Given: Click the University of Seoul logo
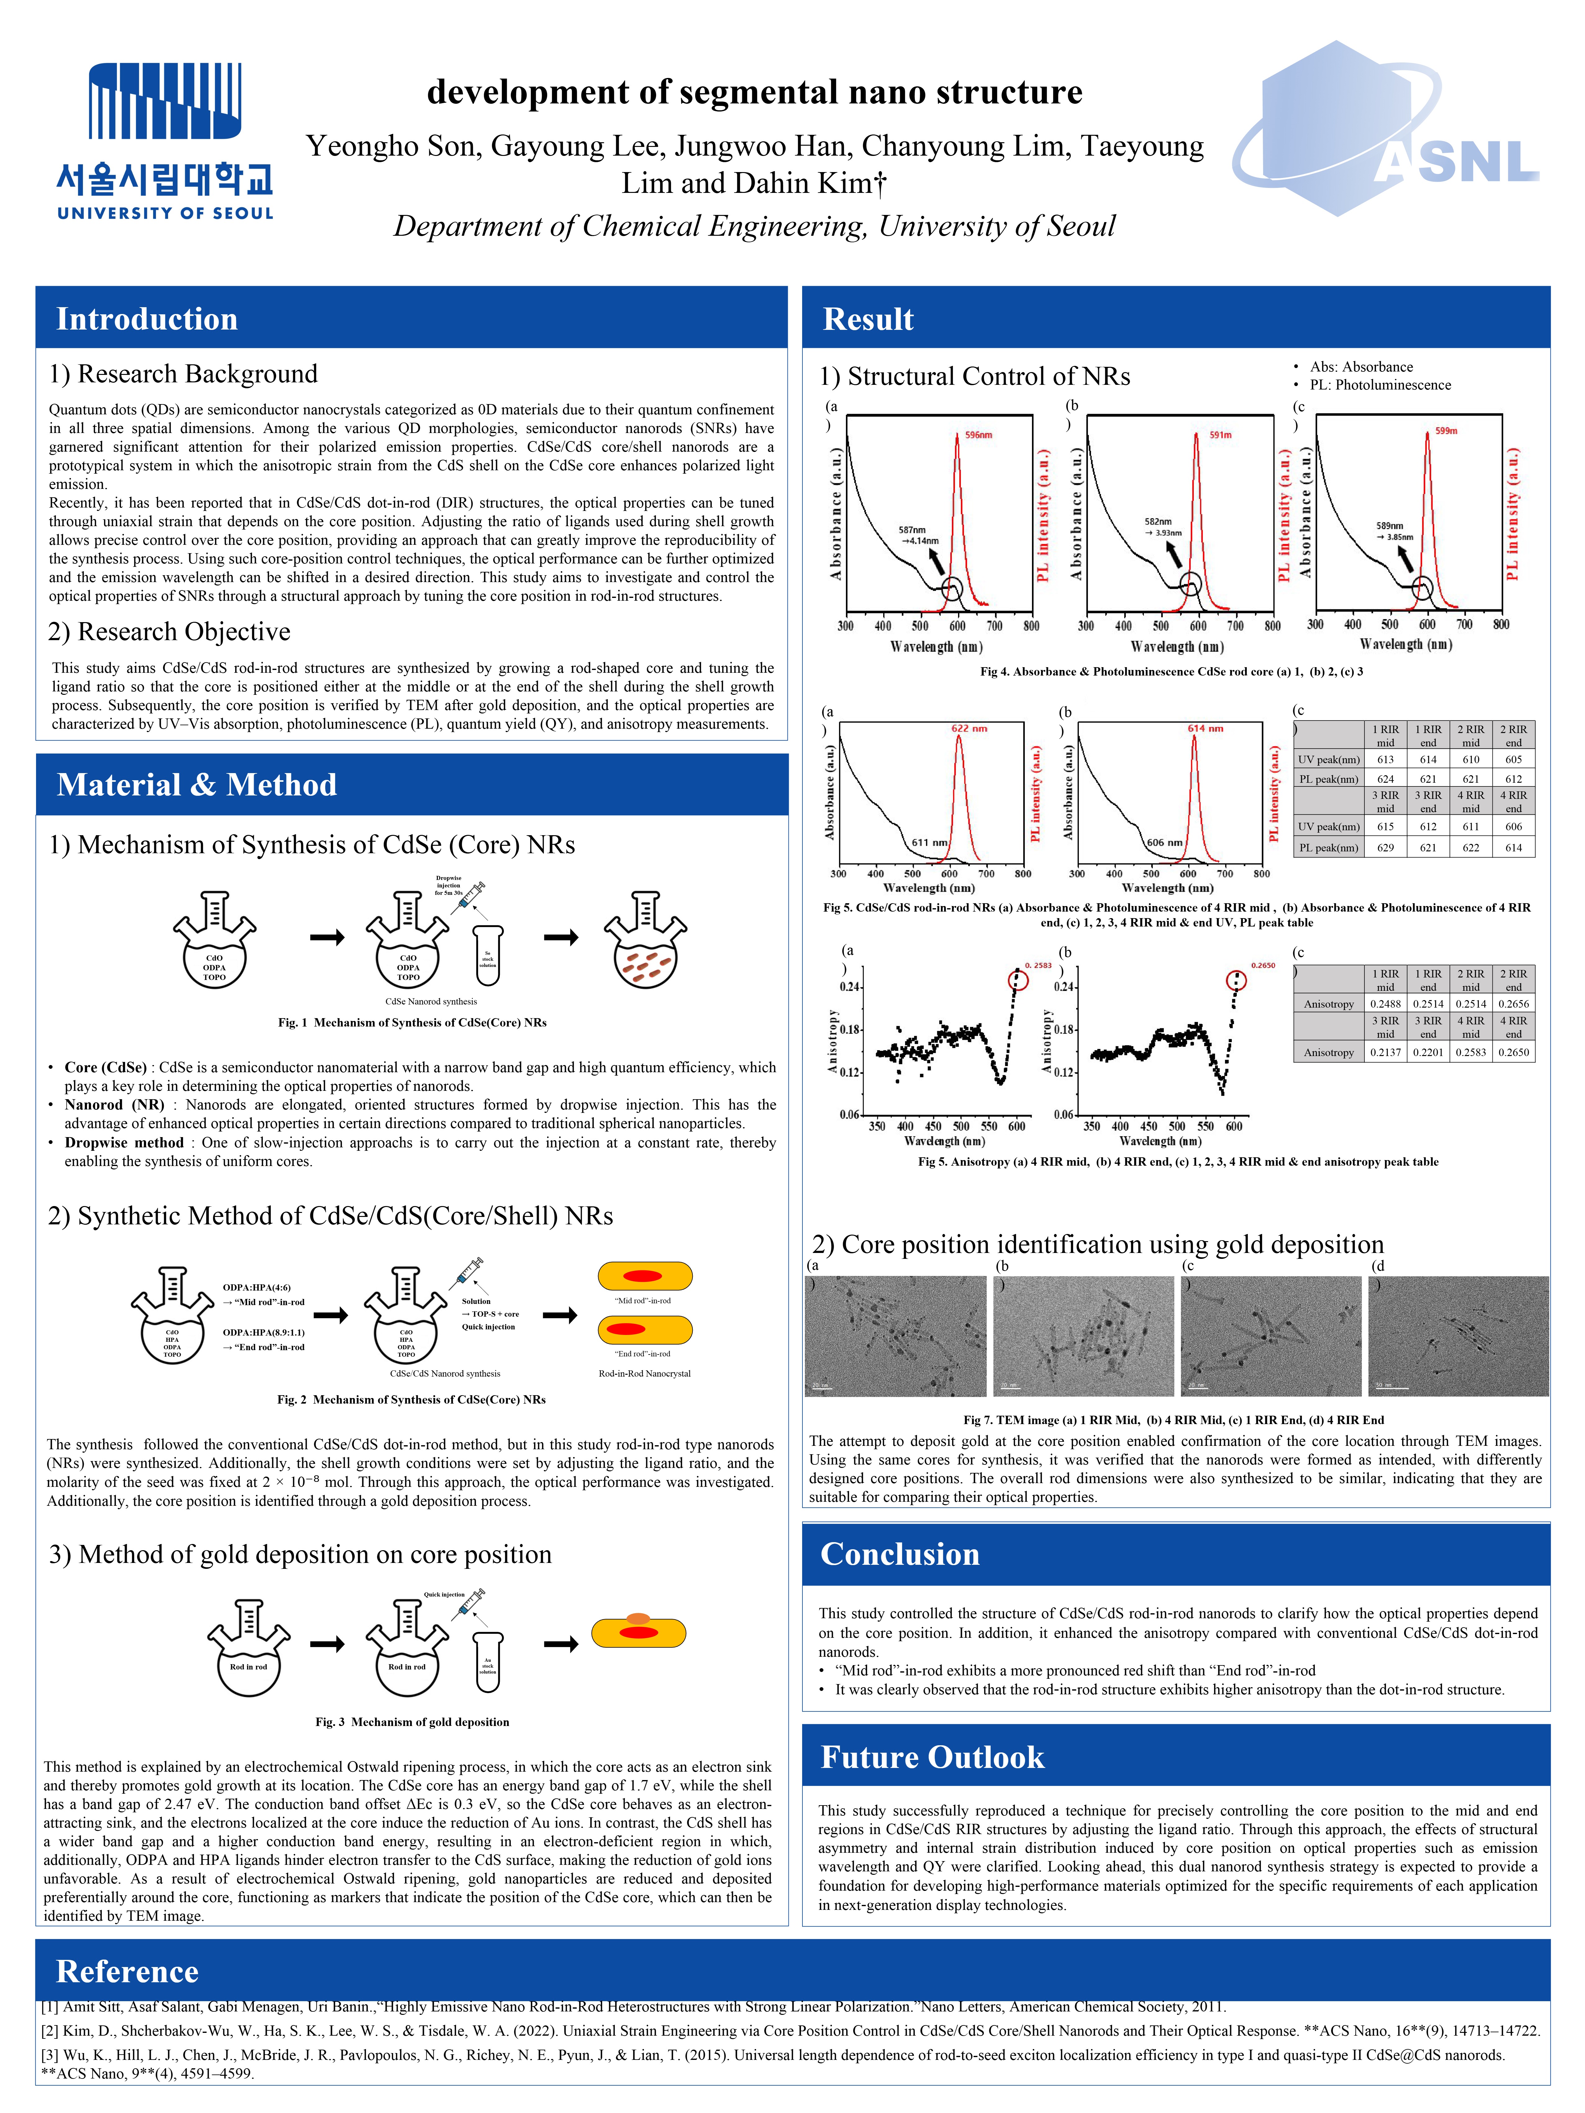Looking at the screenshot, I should coord(164,141).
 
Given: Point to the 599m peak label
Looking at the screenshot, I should coord(1446,431).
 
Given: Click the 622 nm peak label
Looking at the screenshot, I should coord(969,729).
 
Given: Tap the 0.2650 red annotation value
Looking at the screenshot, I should coord(1263,966).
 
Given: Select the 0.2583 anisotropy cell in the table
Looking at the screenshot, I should coord(1470,1053).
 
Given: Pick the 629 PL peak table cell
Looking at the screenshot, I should coord(1385,847).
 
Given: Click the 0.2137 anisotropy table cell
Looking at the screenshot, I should coord(1385,1053).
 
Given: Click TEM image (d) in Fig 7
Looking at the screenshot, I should coord(1458,1337).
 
